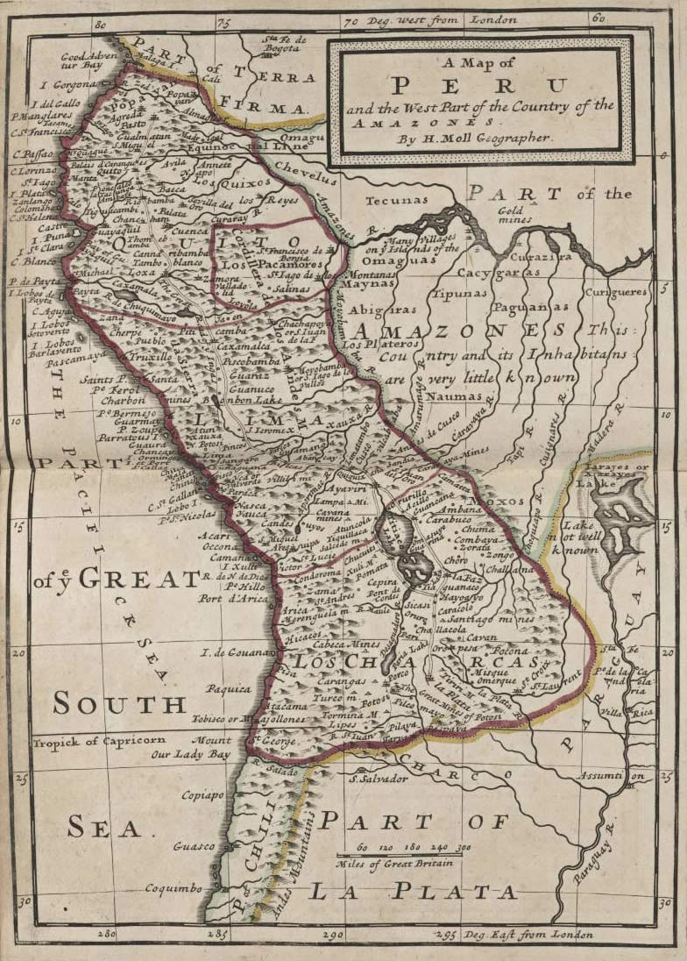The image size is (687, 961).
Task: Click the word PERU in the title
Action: (478, 86)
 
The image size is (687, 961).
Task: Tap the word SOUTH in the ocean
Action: (119, 703)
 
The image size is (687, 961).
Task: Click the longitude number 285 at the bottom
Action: (217, 934)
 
